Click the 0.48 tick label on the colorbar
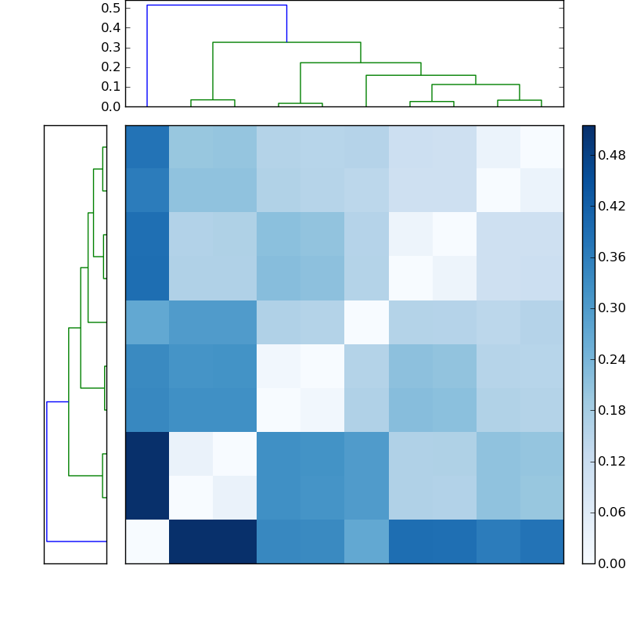(613, 156)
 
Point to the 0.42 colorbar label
(613, 207)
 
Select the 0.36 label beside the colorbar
(613, 257)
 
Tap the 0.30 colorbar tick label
(613, 308)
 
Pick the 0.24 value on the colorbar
(613, 359)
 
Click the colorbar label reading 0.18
(613, 410)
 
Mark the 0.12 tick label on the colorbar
(613, 461)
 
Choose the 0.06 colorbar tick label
(613, 513)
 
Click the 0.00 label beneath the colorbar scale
(613, 563)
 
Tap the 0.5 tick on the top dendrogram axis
(110, 8)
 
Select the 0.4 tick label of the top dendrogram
(110, 27)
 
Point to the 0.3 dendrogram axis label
(110, 47)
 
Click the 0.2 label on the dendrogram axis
(110, 67)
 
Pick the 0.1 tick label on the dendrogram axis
(110, 86)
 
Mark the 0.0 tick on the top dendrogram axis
(110, 106)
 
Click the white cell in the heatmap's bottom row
(147, 541)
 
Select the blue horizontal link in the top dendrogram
(217, 5)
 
